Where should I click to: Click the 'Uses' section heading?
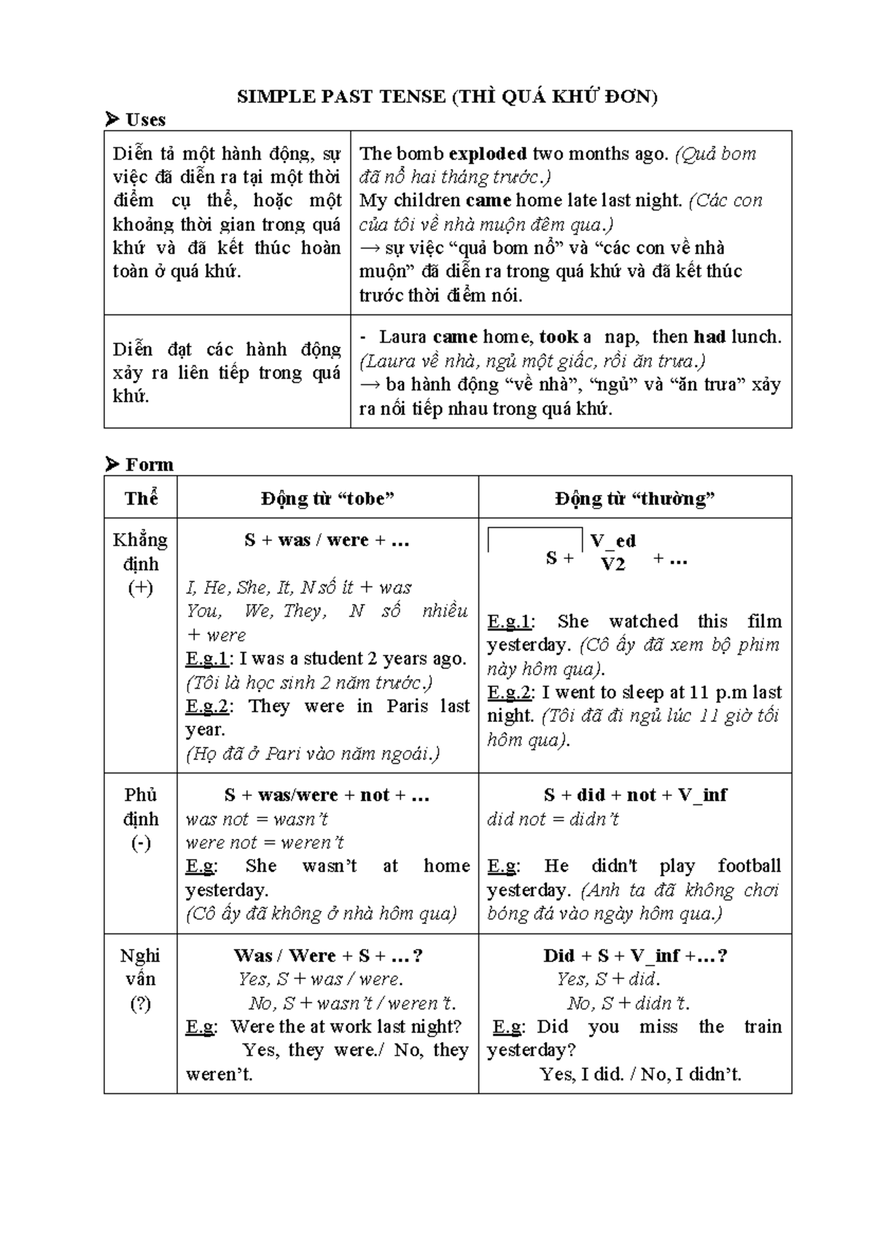click(x=145, y=120)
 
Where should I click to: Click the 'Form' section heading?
click(x=149, y=465)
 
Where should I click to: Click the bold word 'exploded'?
click(x=487, y=153)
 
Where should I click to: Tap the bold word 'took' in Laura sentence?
click(x=558, y=337)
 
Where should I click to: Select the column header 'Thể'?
click(x=141, y=498)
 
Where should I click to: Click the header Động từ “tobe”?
click(x=327, y=498)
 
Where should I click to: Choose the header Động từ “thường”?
click(x=634, y=498)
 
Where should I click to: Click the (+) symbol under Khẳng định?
click(x=140, y=588)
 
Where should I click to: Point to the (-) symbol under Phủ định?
click(x=140, y=843)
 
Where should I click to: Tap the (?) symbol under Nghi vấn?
click(x=140, y=1004)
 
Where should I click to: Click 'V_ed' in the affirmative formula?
click(x=612, y=540)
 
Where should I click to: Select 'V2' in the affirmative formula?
click(x=612, y=564)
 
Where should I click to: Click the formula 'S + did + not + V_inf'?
click(x=634, y=795)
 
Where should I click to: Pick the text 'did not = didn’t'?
click(x=553, y=819)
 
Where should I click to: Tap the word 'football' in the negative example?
click(x=748, y=866)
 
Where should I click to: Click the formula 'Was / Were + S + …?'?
click(x=327, y=955)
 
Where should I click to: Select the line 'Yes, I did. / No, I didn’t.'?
click(x=640, y=1074)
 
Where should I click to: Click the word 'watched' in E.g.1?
click(x=643, y=621)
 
